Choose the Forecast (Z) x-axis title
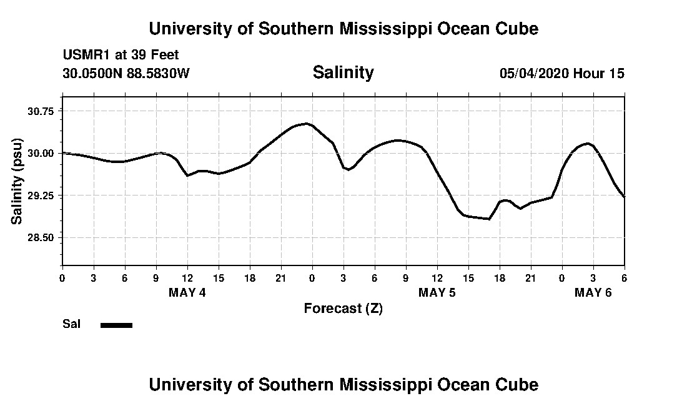pyautogui.click(x=343, y=308)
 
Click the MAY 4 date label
pyautogui.click(x=187, y=292)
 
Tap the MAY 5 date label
pyautogui.click(x=437, y=292)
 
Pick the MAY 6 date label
pyautogui.click(x=593, y=292)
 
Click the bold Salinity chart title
pyautogui.click(x=343, y=72)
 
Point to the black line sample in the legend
pyautogui.click(x=116, y=325)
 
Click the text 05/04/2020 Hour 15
pyautogui.click(x=561, y=73)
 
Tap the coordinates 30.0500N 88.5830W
pyautogui.click(x=126, y=73)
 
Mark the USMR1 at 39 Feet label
pyautogui.click(x=121, y=55)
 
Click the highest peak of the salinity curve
pyautogui.click(x=306, y=124)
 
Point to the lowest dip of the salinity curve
pyautogui.click(x=489, y=219)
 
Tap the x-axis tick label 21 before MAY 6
pyautogui.click(x=530, y=277)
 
